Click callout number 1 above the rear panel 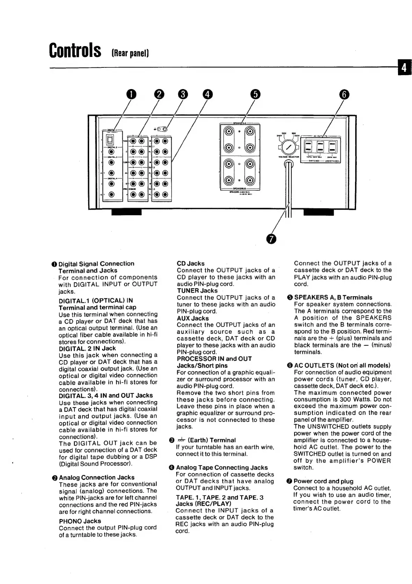(131, 94)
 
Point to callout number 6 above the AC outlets (344, 94)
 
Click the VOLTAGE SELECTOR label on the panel (289, 157)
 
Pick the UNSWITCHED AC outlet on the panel (332, 147)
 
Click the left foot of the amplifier (126, 212)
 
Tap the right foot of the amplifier (319, 212)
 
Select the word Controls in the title (75, 51)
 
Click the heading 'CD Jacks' (190, 263)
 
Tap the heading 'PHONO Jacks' (80, 521)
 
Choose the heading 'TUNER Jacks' (197, 291)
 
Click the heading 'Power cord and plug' (323, 481)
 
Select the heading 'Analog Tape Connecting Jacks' (222, 467)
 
